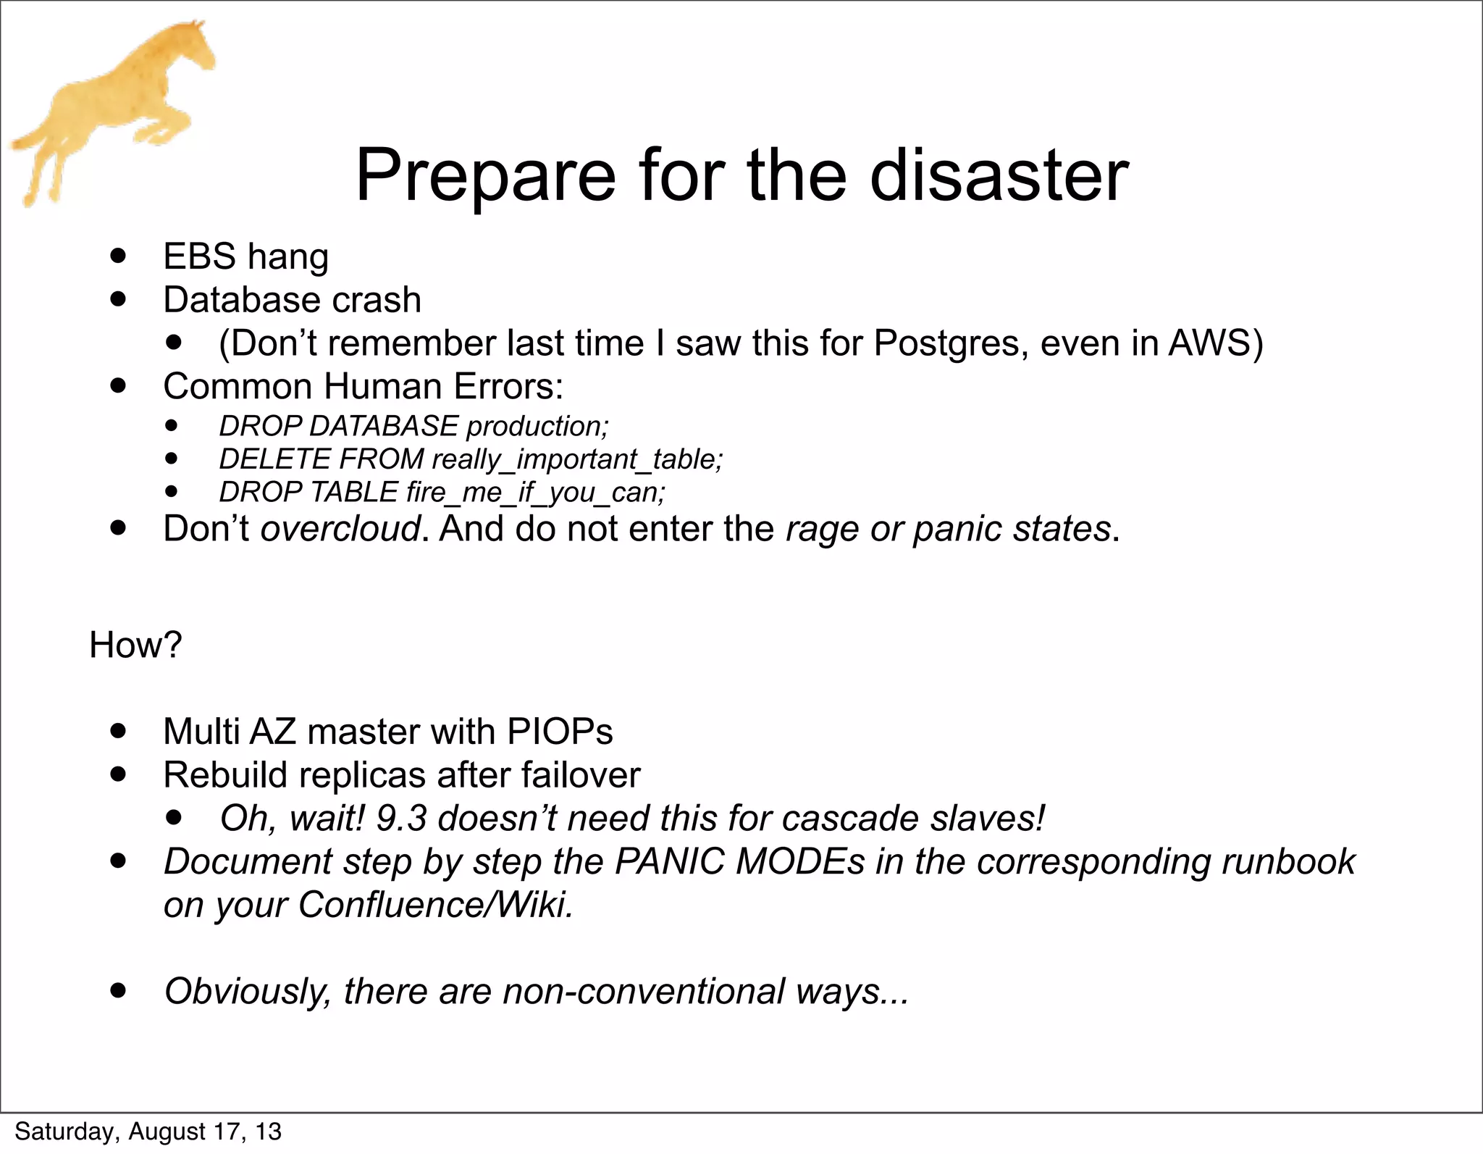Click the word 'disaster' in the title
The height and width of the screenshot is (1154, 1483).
click(999, 176)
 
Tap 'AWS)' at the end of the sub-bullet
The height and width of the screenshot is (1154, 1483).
click(1215, 343)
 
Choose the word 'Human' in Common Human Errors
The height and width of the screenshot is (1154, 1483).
click(382, 386)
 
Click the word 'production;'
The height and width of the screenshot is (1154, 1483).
click(537, 427)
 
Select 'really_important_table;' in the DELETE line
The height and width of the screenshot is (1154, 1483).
click(577, 459)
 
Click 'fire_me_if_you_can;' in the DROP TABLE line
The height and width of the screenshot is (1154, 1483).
click(536, 493)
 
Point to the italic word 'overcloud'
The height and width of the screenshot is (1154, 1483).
click(340, 528)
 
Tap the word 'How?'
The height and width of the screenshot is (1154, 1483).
click(135, 645)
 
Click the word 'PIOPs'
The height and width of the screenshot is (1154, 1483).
click(560, 732)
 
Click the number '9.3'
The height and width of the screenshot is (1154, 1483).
click(401, 819)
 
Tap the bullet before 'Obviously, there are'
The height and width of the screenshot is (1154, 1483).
click(119, 990)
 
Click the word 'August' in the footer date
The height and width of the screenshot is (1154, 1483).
click(168, 1132)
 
